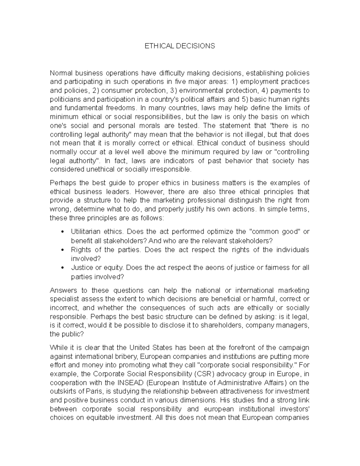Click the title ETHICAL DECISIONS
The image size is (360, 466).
(180, 46)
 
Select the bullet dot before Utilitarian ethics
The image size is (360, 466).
(62, 232)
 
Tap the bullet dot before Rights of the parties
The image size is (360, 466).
(62, 250)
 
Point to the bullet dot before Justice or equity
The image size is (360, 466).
(62, 268)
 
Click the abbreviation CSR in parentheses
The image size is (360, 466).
(204, 374)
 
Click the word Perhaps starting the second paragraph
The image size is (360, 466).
(61, 183)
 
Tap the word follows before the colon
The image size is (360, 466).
(151, 218)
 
